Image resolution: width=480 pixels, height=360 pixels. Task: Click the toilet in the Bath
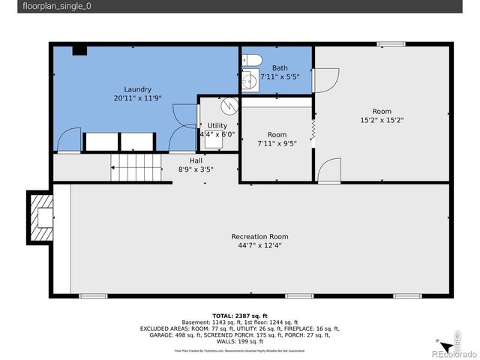(x=253, y=61)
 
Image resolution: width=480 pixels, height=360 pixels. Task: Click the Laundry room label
(x=138, y=88)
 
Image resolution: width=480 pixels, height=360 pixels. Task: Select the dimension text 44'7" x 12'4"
(x=260, y=244)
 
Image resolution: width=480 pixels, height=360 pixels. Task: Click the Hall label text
(x=196, y=160)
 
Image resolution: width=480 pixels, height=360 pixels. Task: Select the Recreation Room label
(x=260, y=236)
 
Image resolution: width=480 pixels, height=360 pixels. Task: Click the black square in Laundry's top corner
(x=79, y=50)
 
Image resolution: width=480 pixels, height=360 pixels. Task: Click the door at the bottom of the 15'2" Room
(x=328, y=172)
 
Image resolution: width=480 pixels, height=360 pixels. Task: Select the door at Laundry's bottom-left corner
(x=68, y=141)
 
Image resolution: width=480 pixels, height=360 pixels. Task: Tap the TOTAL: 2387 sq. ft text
(x=240, y=316)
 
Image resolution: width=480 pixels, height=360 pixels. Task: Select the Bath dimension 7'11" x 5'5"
(x=280, y=76)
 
